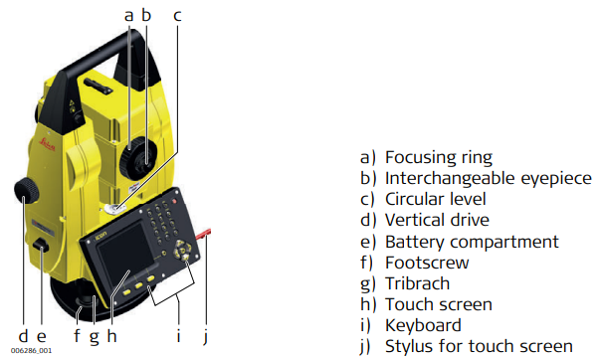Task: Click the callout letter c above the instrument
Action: point(177,16)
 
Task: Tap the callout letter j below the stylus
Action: point(206,336)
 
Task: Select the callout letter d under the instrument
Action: point(24,335)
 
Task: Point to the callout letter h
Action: point(111,335)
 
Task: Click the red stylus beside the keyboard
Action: point(203,234)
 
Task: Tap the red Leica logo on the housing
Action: point(49,144)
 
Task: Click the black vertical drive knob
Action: point(27,190)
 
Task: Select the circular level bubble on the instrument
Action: point(114,209)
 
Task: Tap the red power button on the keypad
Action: point(174,201)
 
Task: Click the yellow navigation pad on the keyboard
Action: point(182,251)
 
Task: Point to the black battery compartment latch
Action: point(41,246)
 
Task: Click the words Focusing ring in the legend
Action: point(439,158)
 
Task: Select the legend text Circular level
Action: point(436,199)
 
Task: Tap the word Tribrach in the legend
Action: point(417,283)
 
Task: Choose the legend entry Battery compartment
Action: point(472,242)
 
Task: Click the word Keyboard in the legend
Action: point(423,325)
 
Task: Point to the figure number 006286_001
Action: point(31,350)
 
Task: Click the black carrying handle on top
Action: point(100,62)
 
